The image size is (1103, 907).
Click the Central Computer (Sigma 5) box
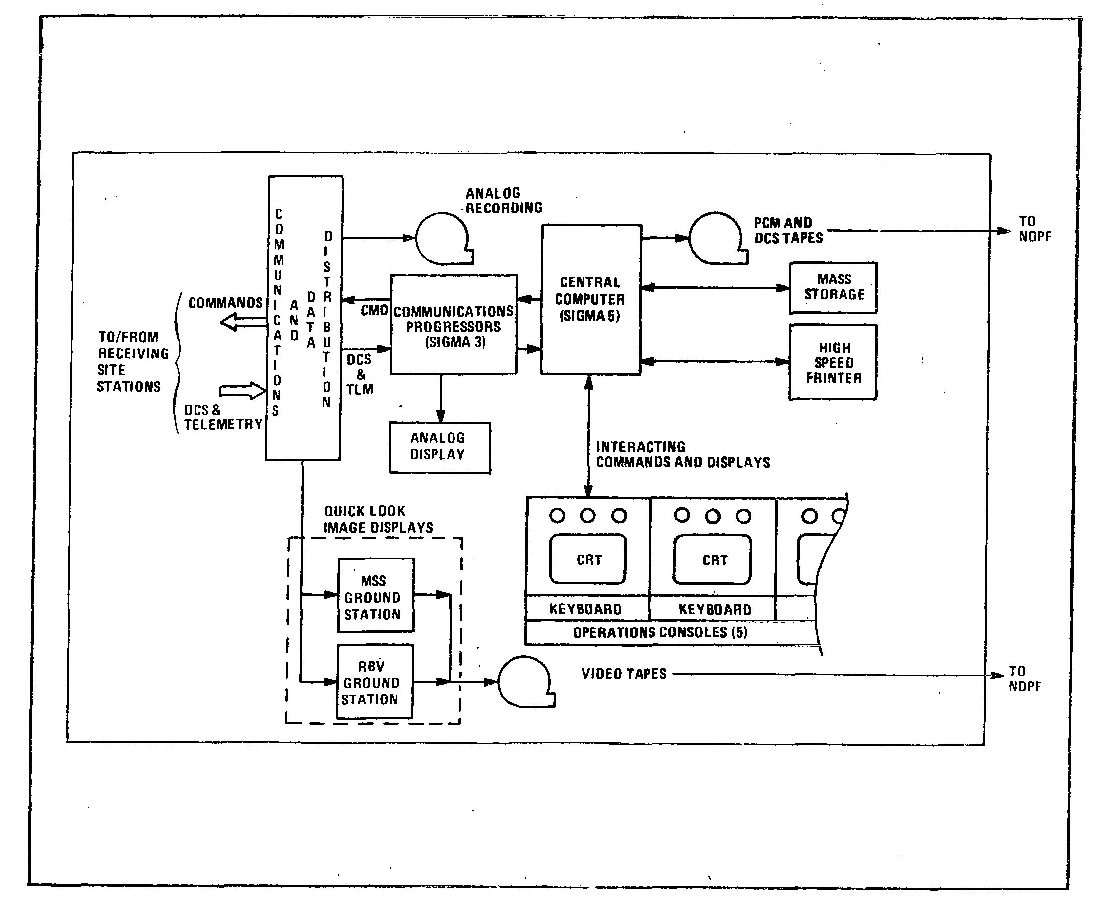[x=590, y=299]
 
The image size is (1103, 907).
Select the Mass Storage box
[x=833, y=287]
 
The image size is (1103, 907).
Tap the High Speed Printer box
[x=833, y=362]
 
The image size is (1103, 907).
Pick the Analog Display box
[x=440, y=447]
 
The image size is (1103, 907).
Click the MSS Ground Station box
[x=376, y=596]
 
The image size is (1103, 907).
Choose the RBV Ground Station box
[x=375, y=682]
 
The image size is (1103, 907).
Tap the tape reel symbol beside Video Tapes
[x=524, y=682]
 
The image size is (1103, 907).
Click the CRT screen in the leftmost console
[x=588, y=559]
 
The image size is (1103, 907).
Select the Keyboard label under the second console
[x=714, y=609]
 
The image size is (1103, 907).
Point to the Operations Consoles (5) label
[x=660, y=632]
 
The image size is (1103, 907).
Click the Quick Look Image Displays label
[x=378, y=519]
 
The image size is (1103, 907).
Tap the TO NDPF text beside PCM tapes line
[x=1034, y=229]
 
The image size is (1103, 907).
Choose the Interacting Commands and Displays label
[x=682, y=455]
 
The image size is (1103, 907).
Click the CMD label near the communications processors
[x=374, y=310]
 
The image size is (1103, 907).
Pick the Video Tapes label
[x=624, y=674]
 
